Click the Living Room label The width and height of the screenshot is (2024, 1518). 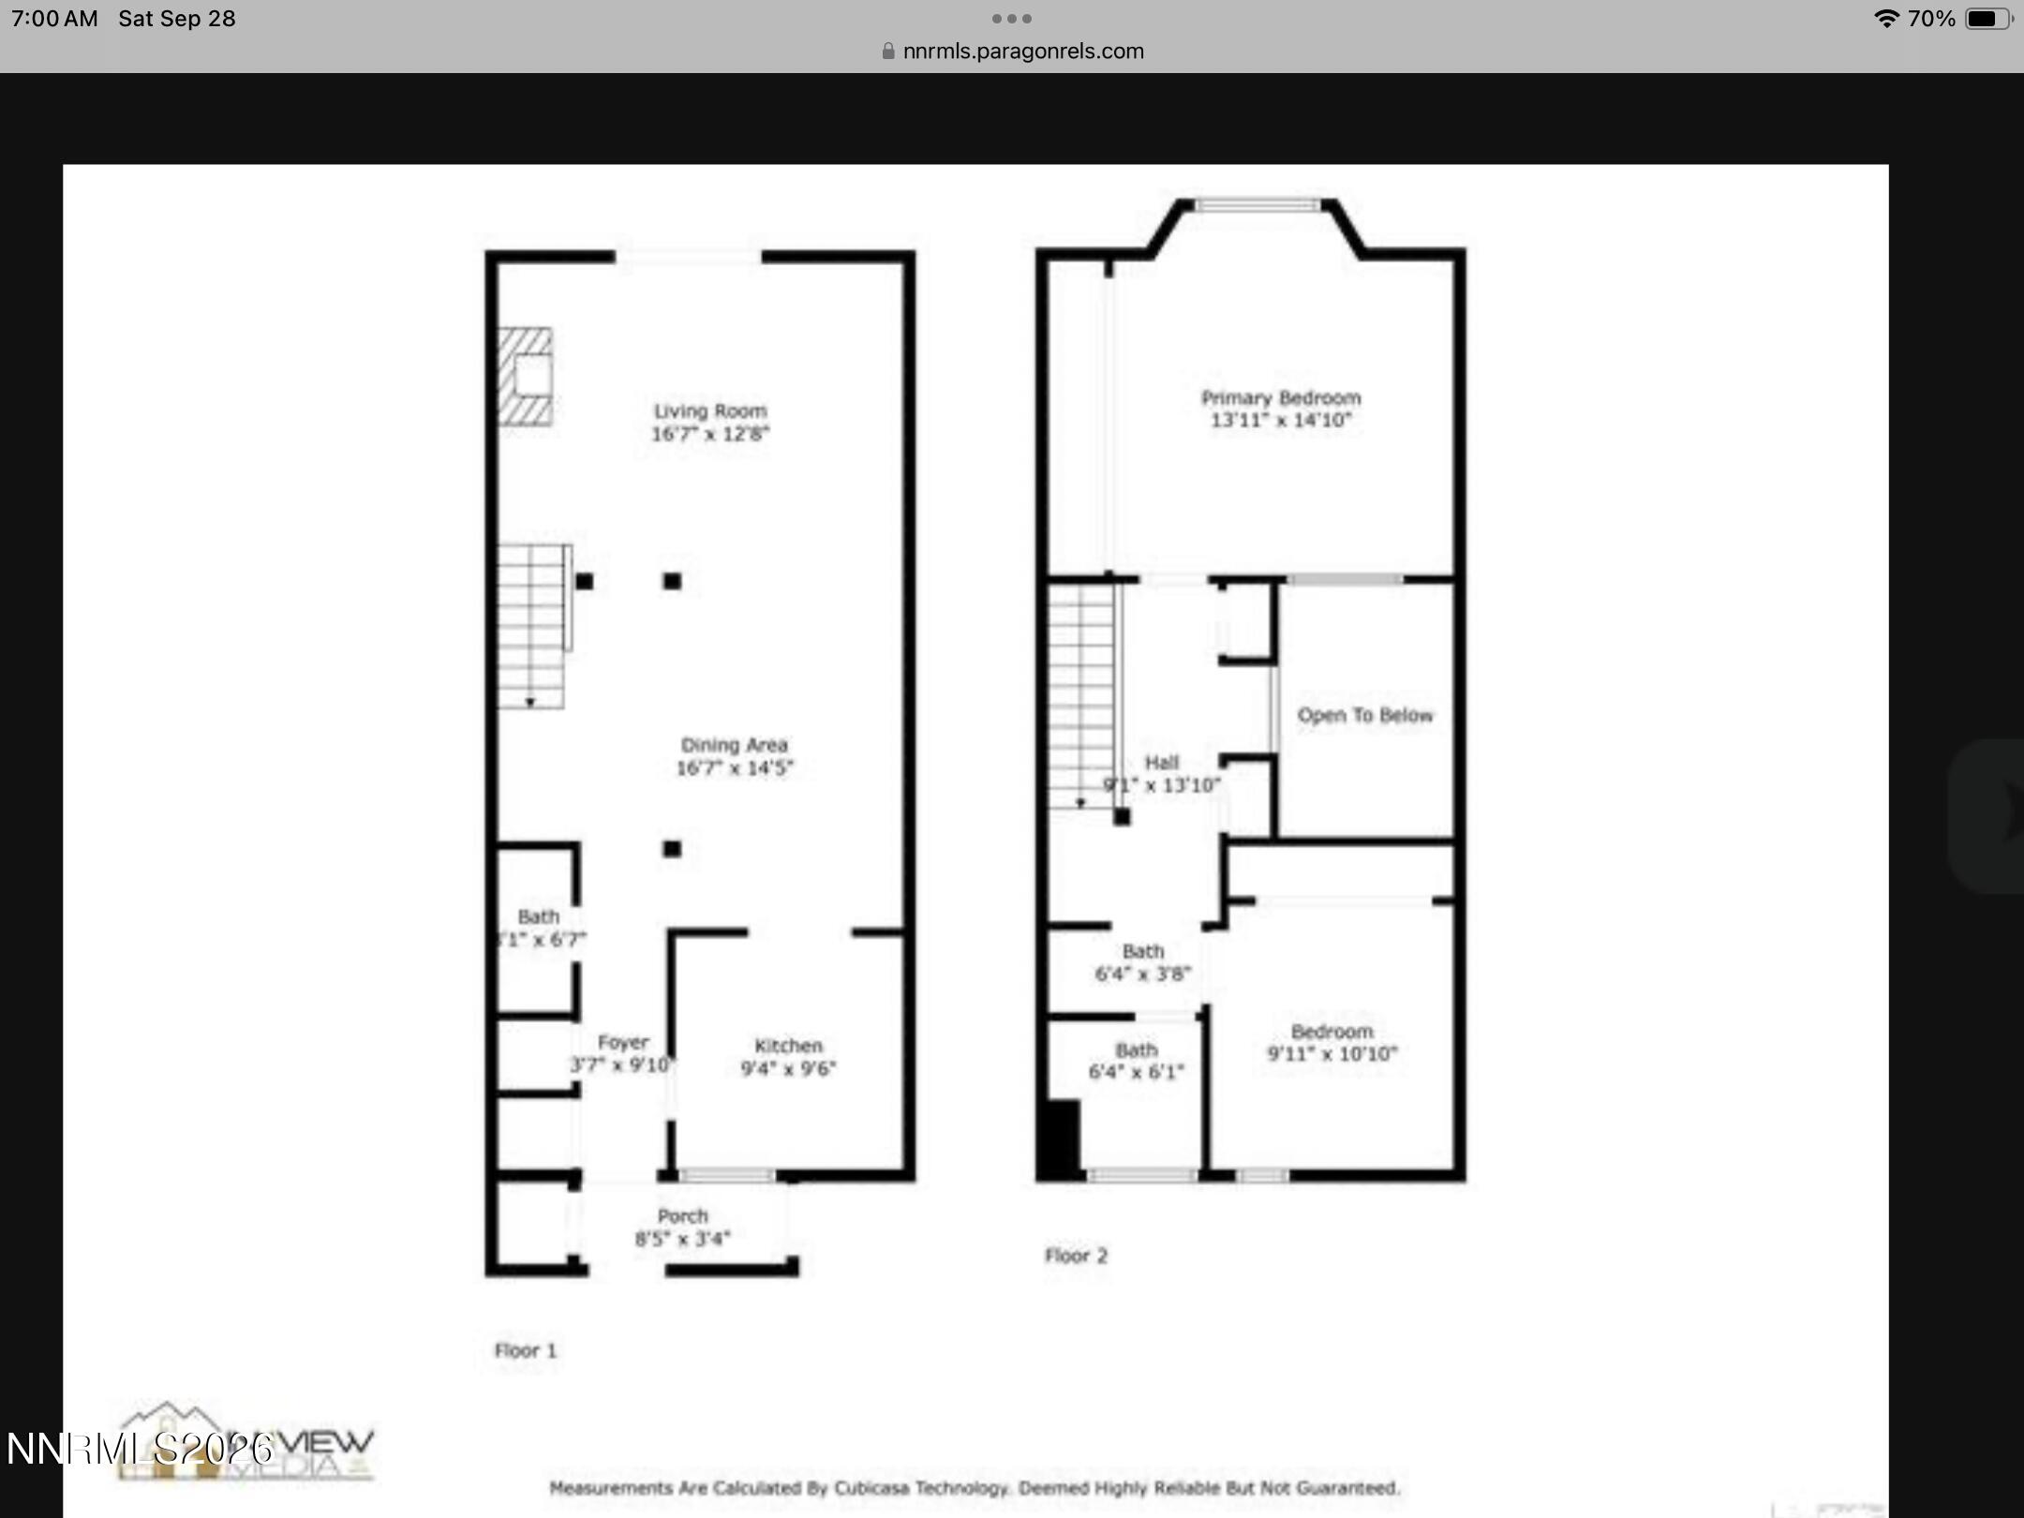point(709,411)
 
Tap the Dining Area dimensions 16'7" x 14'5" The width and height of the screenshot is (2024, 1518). point(735,768)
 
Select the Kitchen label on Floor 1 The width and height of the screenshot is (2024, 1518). point(788,1046)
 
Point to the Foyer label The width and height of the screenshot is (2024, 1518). point(623,1043)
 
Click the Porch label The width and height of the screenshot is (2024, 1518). point(682,1216)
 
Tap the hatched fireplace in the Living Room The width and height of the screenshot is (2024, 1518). point(525,377)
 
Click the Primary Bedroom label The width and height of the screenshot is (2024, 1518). point(1280,398)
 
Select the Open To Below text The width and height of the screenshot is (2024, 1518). point(1364,716)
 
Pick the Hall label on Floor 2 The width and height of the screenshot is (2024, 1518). point(1161,763)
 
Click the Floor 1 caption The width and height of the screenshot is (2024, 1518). point(525,1350)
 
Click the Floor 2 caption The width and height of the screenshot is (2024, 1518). point(1076,1256)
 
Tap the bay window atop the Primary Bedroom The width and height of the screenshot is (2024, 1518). point(1257,205)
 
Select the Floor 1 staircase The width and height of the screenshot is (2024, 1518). point(530,626)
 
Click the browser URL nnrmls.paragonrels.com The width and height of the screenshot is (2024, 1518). point(1022,52)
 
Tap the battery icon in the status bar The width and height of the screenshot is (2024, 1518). point(1987,19)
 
